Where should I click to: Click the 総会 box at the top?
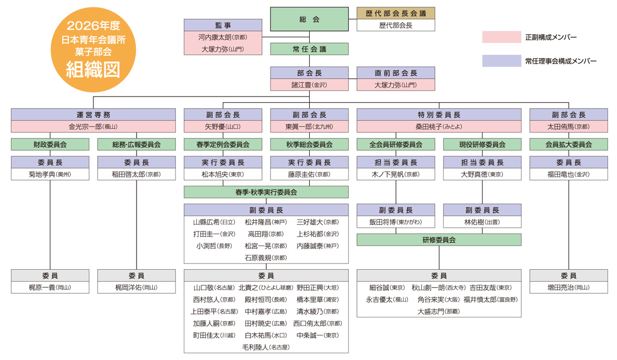coord(309,19)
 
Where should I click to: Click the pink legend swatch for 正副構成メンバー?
coord(501,37)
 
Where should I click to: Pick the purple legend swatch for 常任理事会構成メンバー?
coord(501,61)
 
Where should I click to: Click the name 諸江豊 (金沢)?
coord(309,84)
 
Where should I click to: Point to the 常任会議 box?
coord(309,49)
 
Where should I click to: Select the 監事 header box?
coord(223,25)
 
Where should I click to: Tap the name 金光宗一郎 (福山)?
coord(93,126)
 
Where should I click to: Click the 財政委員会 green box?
coord(50,144)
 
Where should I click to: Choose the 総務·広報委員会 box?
coord(137,144)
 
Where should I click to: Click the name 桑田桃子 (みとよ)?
coord(439,126)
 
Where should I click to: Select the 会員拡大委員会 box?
coord(569,144)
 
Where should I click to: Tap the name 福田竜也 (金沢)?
coord(569,174)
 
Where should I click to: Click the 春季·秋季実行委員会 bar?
coord(266,192)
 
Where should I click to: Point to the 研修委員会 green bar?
coord(439,240)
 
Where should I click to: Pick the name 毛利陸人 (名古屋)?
coord(266,347)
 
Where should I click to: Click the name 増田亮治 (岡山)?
coord(569,288)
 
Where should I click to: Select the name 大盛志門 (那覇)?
coord(438,311)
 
